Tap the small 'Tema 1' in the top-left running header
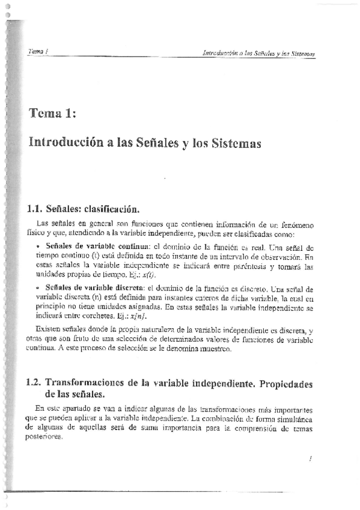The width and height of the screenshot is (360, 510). (x=38, y=52)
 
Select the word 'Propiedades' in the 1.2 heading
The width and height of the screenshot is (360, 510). (x=280, y=382)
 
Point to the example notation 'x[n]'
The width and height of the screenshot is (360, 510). (x=139, y=315)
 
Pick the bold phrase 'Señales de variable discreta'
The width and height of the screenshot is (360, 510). (x=93, y=289)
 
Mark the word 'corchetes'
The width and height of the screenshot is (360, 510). (x=96, y=315)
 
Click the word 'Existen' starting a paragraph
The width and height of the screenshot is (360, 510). (x=47, y=331)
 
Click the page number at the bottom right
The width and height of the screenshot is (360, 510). (x=310, y=459)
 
